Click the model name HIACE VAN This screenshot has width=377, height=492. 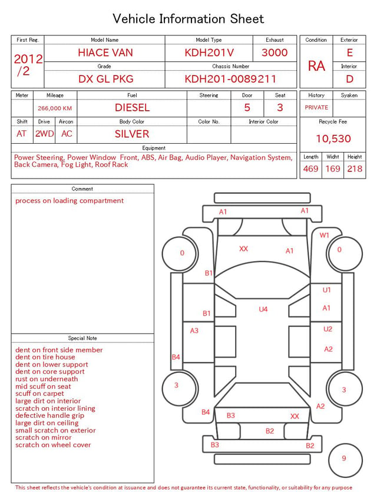[x=105, y=52]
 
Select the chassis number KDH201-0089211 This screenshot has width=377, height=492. [x=230, y=79]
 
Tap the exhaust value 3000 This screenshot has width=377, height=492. [x=275, y=52]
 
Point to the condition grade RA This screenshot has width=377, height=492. [x=316, y=66]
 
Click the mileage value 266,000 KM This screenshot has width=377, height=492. [x=55, y=108]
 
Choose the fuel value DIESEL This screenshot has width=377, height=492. [x=132, y=108]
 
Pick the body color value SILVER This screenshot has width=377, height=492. [x=132, y=134]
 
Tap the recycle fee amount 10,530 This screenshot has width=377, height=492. [x=333, y=138]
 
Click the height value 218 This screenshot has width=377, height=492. [x=355, y=169]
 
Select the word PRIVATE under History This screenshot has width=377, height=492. [x=316, y=107]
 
